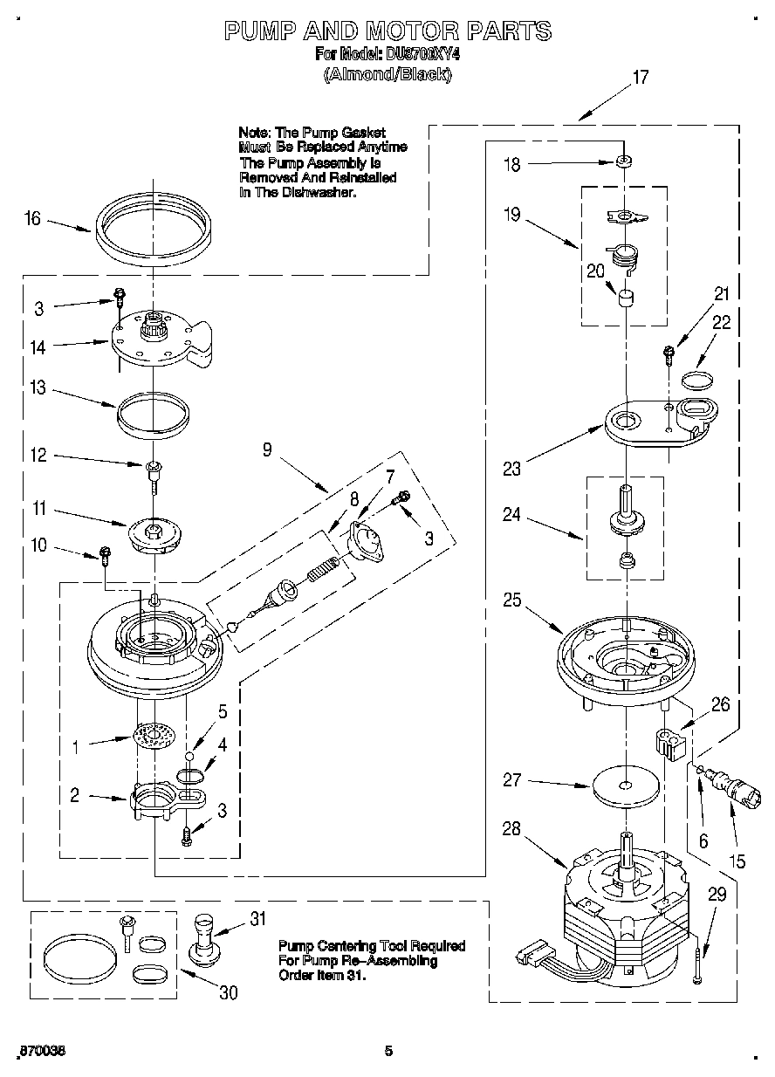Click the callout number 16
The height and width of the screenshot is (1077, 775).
(32, 218)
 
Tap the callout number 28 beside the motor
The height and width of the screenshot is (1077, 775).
(512, 829)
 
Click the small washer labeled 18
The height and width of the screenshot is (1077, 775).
(624, 161)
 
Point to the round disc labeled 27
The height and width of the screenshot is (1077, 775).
(625, 786)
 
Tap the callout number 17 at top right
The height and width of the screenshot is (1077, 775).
(640, 78)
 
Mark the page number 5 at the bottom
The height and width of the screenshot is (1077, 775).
(389, 1052)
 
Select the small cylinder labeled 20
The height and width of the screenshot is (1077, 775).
(625, 299)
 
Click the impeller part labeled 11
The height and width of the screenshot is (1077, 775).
(154, 534)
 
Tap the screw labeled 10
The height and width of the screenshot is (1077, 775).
(106, 552)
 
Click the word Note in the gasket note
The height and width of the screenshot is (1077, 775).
(254, 132)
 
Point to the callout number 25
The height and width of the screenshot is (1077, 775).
(512, 600)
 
